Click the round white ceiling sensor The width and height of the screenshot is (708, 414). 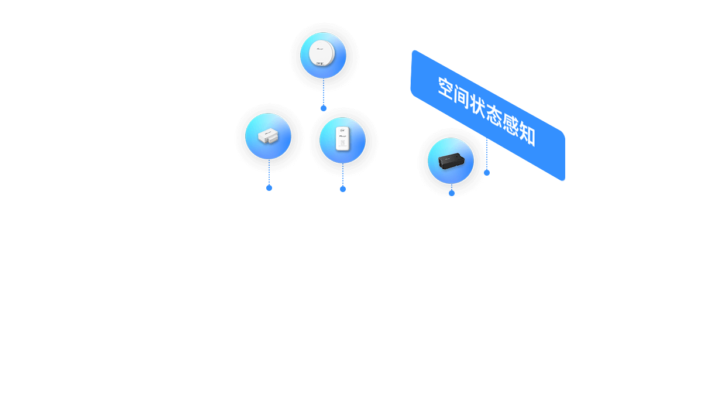pos(321,53)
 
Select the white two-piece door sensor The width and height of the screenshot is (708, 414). pos(268,136)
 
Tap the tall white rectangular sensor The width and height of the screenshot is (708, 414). pos(343,139)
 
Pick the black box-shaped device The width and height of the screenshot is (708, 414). pos(451,161)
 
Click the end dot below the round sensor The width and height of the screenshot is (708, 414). pos(324,108)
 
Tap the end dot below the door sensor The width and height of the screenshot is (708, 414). pos(269,188)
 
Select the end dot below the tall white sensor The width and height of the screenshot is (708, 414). pos(343,189)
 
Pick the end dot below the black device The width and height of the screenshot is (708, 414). pos(452,193)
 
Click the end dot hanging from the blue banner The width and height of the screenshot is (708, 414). pos(487,173)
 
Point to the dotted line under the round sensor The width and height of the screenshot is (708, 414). pos(324,92)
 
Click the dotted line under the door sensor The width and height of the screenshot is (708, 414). pos(269,172)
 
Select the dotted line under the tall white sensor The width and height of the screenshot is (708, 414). pos(343,175)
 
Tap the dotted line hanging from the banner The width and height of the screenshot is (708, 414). pos(487,154)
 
